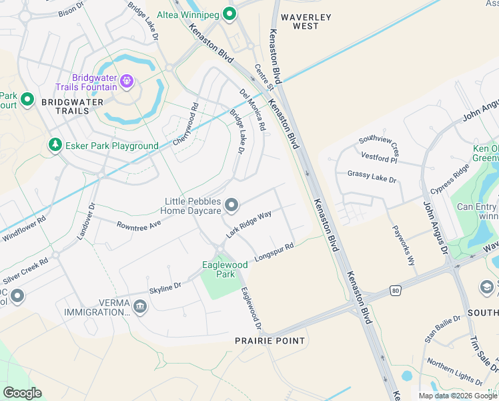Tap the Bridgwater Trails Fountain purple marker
pyautogui.click(x=127, y=82)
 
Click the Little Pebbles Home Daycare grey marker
pyautogui.click(x=231, y=205)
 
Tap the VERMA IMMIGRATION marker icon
pyautogui.click(x=139, y=307)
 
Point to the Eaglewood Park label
pyautogui.click(x=225, y=269)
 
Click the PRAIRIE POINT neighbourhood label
pyautogui.click(x=270, y=341)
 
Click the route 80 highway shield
pyautogui.click(x=396, y=290)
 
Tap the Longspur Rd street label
pyautogui.click(x=274, y=253)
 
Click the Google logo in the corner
pyautogui.click(x=22, y=392)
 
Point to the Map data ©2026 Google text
pyautogui.click(x=457, y=396)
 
